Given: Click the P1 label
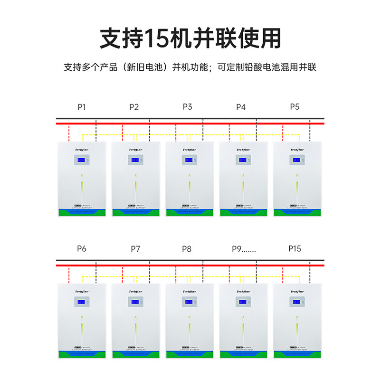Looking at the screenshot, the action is [81, 107].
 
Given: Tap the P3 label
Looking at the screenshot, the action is [188, 107].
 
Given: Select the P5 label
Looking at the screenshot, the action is [294, 107].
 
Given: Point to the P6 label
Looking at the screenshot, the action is [81, 249].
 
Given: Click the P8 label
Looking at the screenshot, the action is [187, 249].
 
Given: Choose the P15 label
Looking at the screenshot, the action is [294, 249].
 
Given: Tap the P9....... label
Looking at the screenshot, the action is [244, 249].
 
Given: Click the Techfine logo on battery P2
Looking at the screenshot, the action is [136, 149].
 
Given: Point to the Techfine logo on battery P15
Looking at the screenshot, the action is [296, 291].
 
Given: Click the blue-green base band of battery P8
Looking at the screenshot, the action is [189, 354].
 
